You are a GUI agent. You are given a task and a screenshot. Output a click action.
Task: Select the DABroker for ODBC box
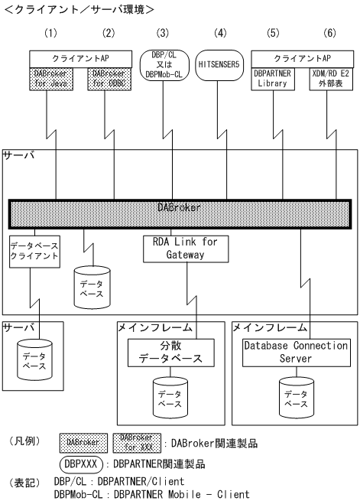105,77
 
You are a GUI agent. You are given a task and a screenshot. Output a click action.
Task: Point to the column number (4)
221,33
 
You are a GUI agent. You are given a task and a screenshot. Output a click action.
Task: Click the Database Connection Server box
294,351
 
